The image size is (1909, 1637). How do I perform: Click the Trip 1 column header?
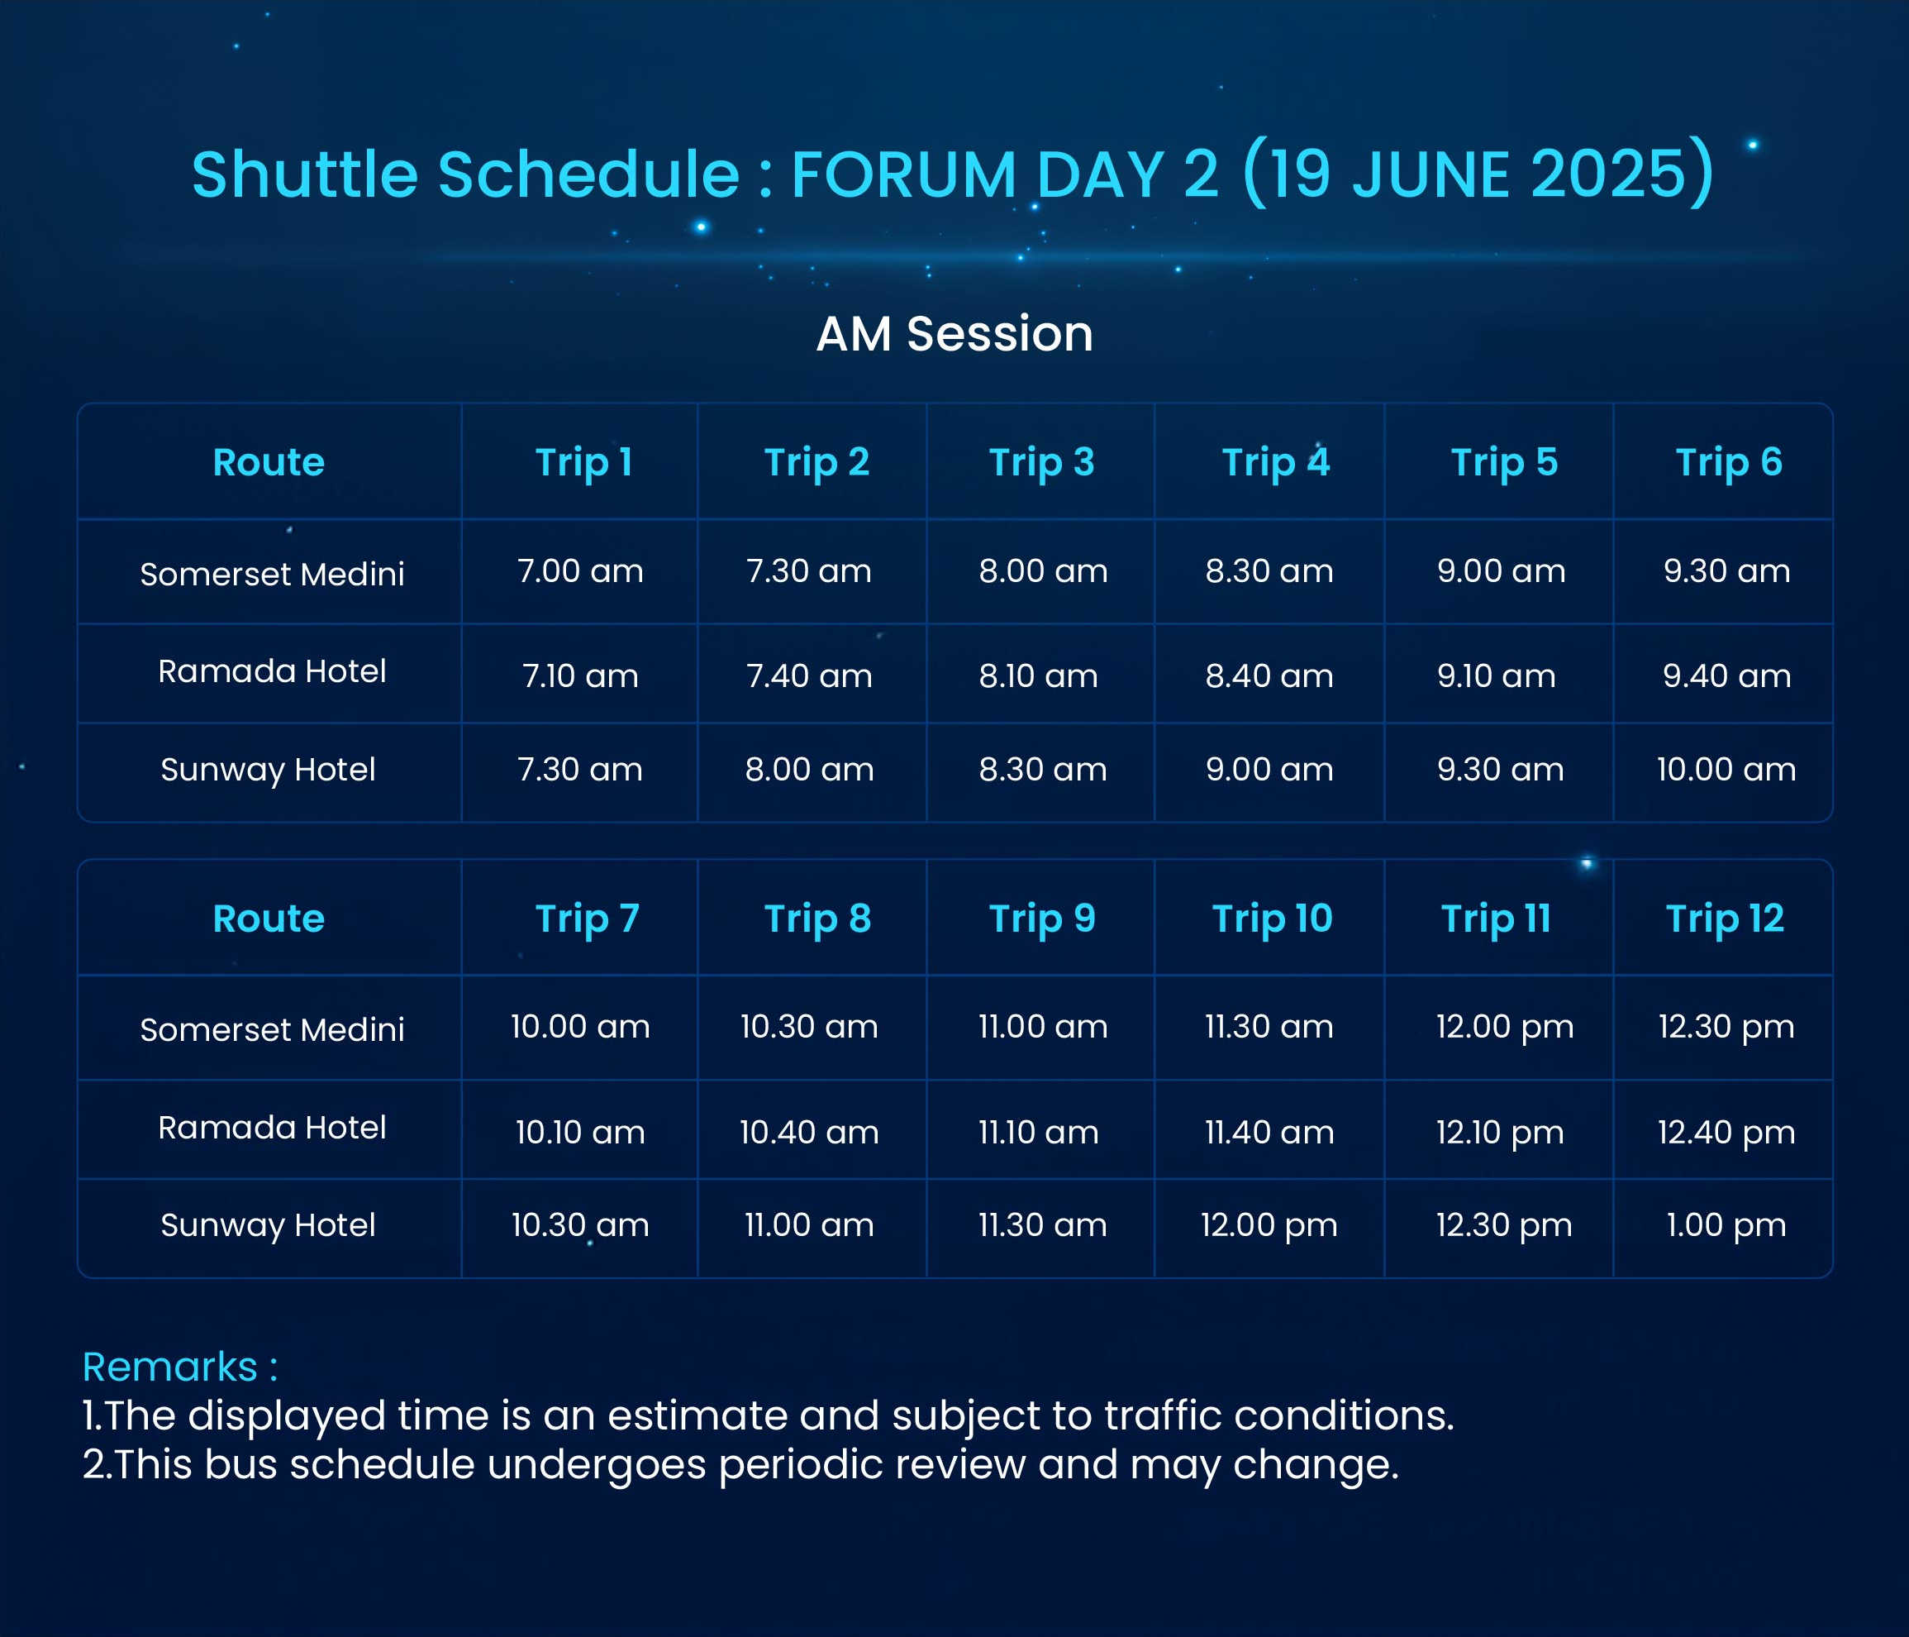click(583, 463)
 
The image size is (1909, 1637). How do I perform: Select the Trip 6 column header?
click(1728, 463)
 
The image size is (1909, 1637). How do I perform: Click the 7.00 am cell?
click(580, 571)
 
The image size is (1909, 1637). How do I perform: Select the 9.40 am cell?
click(1726, 676)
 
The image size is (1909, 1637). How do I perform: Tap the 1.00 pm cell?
click(1726, 1226)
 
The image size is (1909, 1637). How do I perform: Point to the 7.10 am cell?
click(580, 676)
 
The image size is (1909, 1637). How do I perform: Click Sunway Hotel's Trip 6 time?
click(1726, 770)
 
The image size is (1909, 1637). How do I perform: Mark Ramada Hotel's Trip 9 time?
click(1038, 1133)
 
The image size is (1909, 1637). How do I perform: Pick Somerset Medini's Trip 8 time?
click(809, 1027)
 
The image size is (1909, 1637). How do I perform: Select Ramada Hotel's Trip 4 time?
click(1269, 676)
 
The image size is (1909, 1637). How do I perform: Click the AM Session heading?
click(954, 334)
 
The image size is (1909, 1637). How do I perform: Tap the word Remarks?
click(169, 1367)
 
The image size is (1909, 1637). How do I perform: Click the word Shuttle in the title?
click(305, 174)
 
